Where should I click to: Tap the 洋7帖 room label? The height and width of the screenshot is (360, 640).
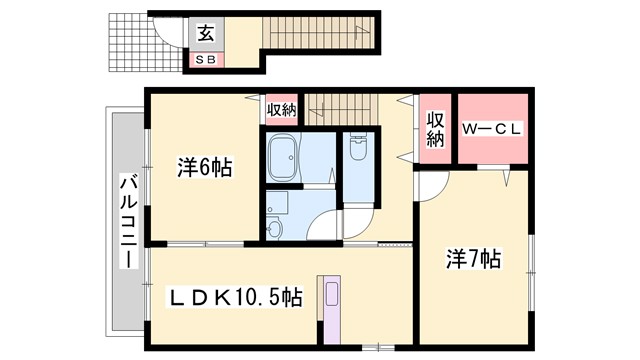point(473,259)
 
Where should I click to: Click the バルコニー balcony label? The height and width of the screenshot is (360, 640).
point(128,221)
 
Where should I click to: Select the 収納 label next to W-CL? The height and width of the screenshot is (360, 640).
point(435,130)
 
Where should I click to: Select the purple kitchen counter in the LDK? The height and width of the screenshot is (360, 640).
point(331,309)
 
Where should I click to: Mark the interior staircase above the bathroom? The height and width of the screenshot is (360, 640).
point(340,104)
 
